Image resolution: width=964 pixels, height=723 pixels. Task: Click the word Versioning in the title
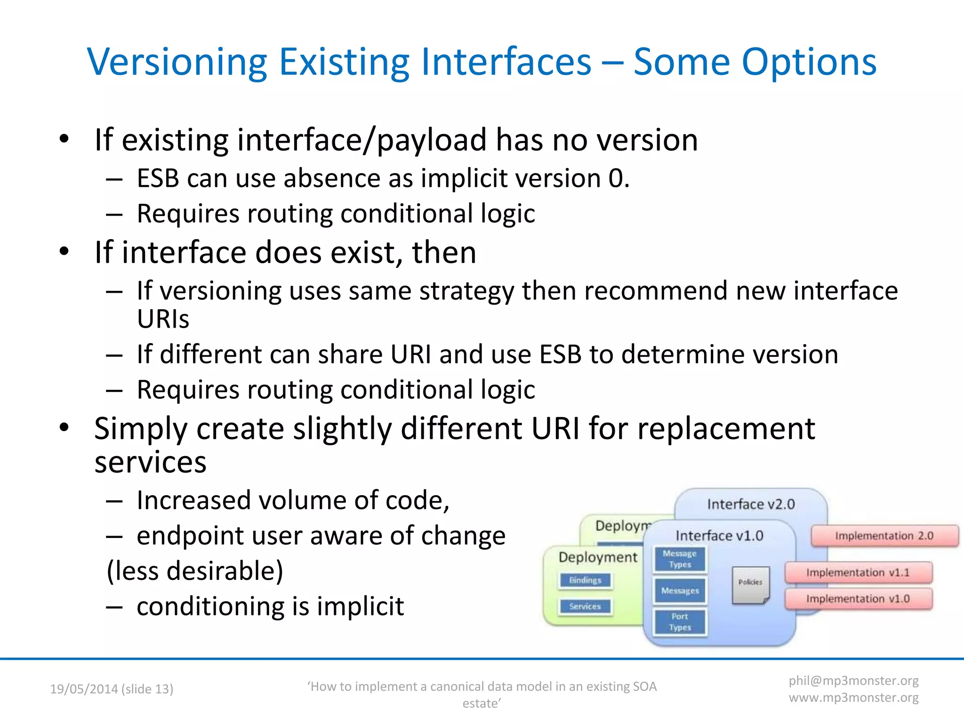[177, 62]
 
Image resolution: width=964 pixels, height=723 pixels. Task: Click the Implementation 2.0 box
[884, 536]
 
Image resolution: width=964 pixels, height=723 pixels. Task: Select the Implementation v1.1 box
[858, 572]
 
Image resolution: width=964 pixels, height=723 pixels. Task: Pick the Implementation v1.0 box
[858, 599]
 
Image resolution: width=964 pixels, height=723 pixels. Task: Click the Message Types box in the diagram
[680, 559]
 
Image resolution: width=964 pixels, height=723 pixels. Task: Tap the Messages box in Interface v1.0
[680, 590]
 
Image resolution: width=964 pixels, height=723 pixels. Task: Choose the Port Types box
[680, 622]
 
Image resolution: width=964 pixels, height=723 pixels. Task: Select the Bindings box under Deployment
[585, 580]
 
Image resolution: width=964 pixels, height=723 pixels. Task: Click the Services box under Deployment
[585, 606]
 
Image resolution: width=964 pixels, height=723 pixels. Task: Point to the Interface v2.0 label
[751, 505]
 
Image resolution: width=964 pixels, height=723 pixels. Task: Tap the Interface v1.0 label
[719, 536]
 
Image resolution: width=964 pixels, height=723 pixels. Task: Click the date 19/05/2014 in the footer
[84, 689]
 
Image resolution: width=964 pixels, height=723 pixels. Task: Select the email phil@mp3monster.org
[853, 681]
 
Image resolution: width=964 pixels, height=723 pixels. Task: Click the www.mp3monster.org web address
[853, 698]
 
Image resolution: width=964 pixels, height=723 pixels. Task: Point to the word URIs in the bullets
[163, 319]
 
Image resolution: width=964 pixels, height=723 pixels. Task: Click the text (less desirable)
[195, 571]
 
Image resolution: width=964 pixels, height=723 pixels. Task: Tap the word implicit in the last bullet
[360, 606]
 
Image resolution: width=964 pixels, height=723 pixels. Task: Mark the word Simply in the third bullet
[141, 429]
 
